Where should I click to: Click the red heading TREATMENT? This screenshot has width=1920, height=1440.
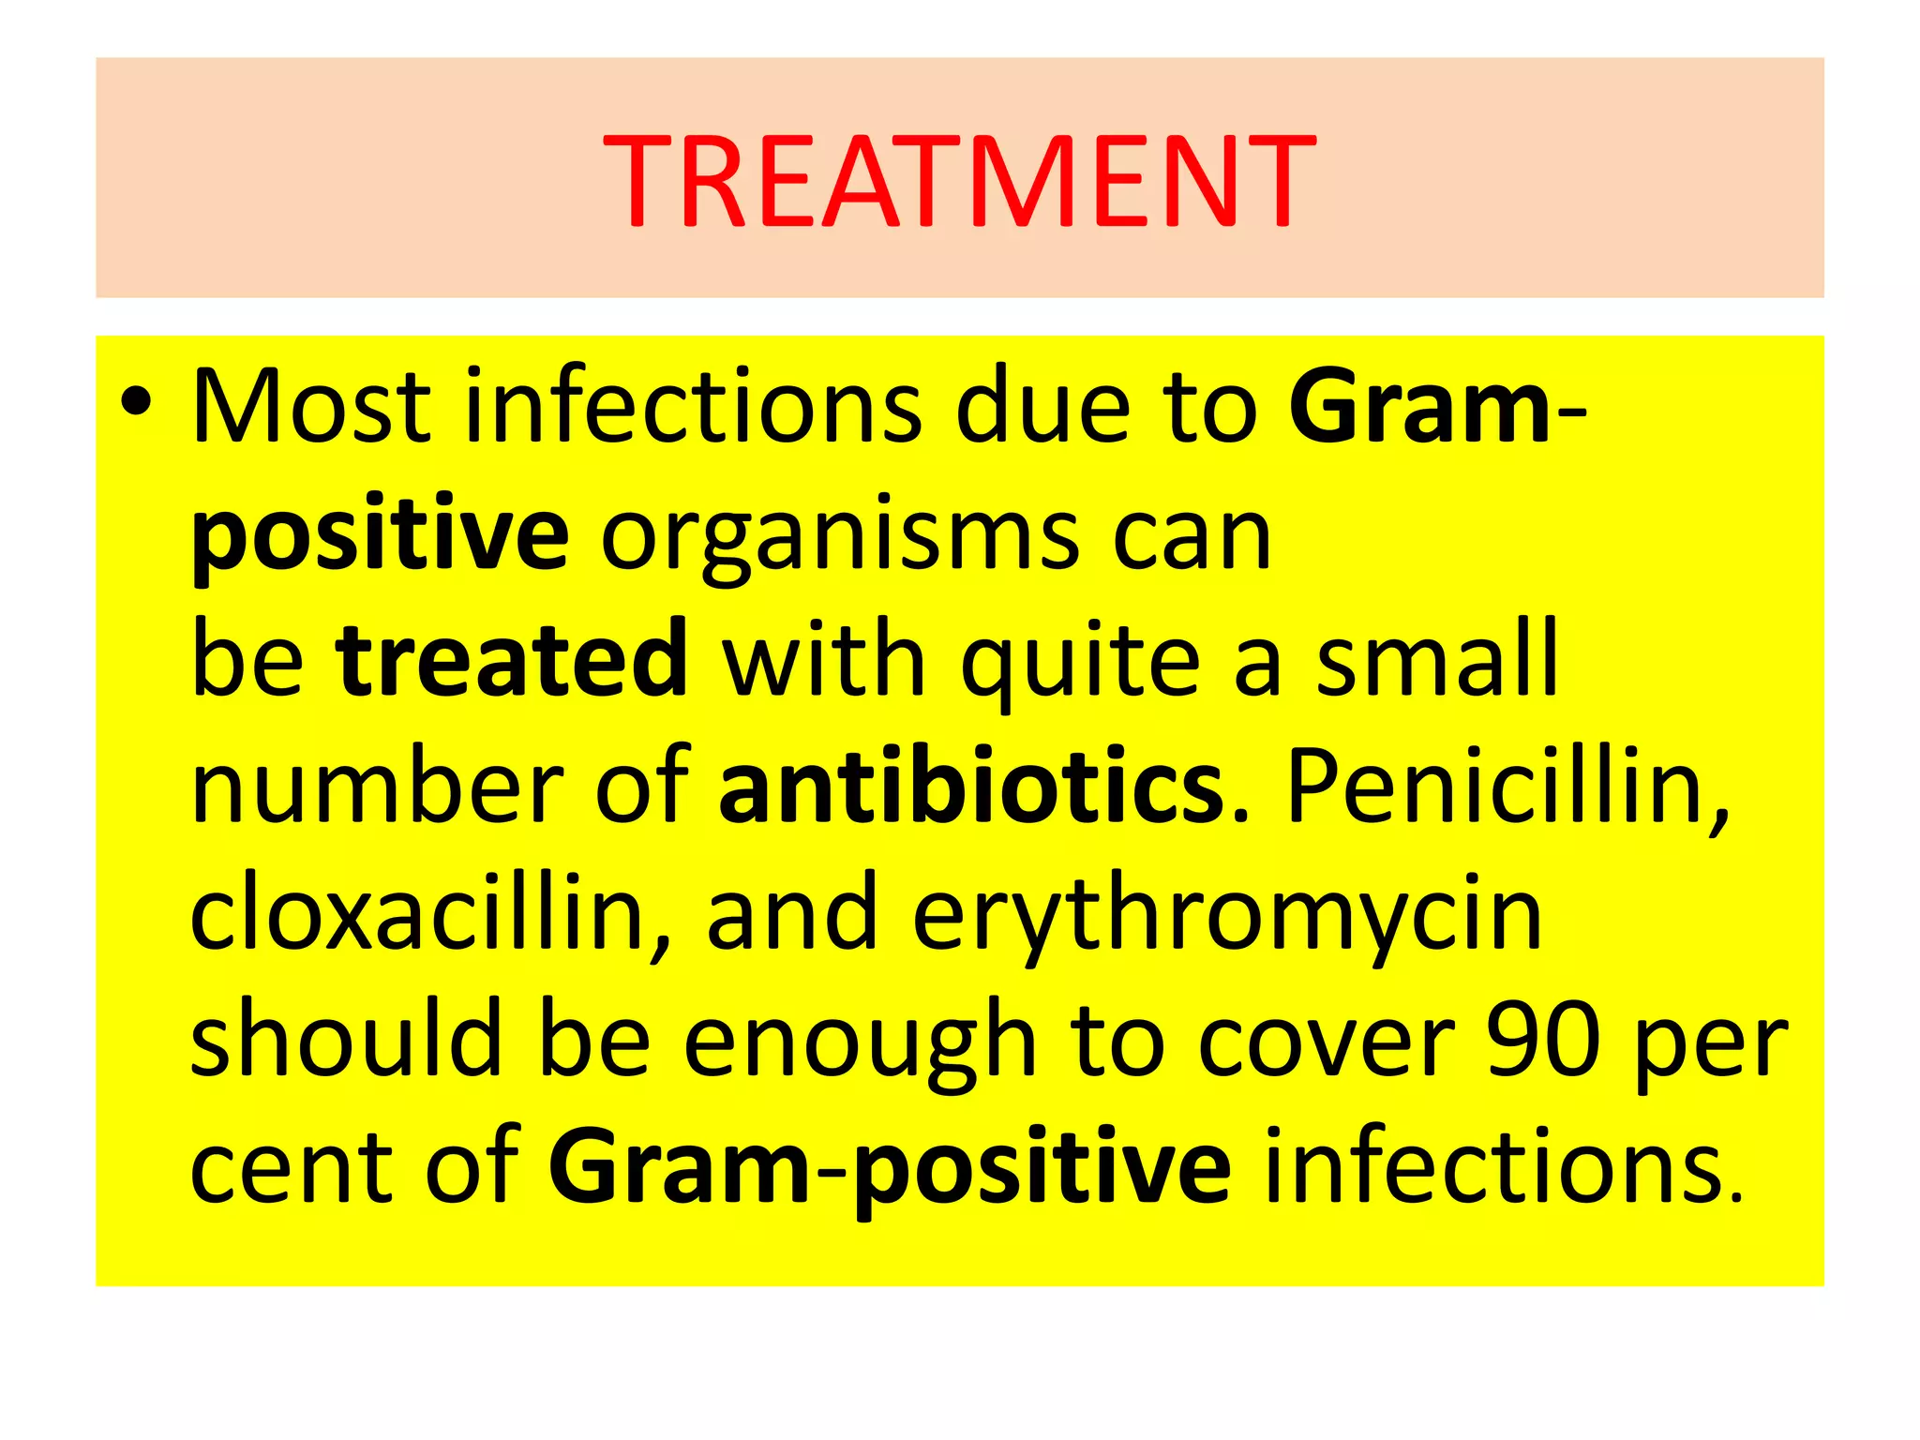[x=959, y=180]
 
